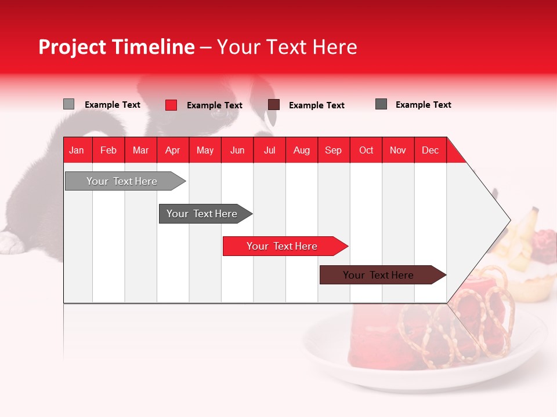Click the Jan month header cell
point(77,150)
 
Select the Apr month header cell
point(172,150)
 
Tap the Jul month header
point(269,150)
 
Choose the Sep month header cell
point(333,150)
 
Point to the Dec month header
point(430,150)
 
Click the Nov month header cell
point(397,150)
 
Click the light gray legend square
point(68,104)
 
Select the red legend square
point(171,105)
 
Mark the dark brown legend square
point(274,104)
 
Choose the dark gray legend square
point(381,104)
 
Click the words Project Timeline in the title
point(116,47)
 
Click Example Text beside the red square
point(215,105)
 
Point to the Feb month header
point(108,150)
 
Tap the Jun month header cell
point(237,150)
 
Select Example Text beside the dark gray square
point(424,105)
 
